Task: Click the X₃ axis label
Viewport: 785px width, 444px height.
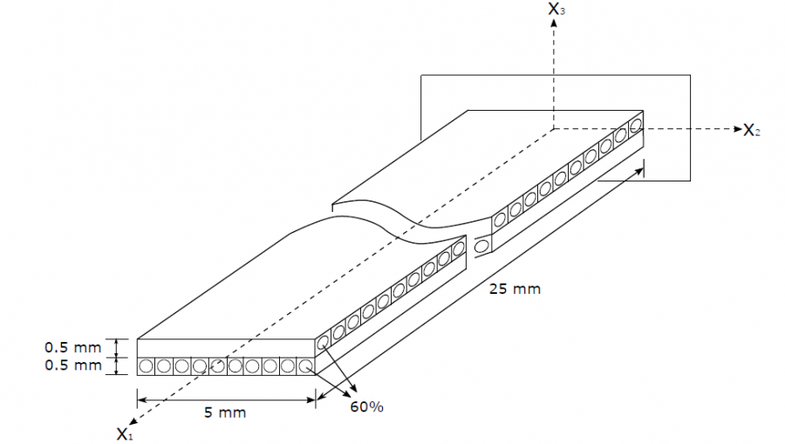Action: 556,9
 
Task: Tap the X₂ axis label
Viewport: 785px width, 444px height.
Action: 752,130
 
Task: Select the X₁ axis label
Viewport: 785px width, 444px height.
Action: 125,434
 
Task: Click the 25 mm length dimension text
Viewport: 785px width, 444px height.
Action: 515,290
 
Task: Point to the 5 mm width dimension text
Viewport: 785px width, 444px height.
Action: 225,413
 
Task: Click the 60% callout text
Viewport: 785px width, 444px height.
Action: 366,407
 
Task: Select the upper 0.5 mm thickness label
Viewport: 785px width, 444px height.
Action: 73,347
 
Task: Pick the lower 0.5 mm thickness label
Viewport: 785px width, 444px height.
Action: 73,365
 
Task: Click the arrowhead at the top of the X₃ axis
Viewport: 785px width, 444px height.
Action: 553,23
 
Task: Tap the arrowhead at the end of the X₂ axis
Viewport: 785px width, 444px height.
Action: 737,129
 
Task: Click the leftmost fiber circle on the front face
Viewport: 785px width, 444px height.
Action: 146,366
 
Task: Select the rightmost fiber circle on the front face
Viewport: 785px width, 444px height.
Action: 305,366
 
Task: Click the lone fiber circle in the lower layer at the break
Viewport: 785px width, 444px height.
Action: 481,246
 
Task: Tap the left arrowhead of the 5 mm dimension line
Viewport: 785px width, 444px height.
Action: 141,400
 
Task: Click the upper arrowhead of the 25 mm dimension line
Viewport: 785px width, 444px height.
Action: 639,171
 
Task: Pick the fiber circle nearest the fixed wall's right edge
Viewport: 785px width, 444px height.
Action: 636,124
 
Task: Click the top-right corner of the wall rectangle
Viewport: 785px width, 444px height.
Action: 691,75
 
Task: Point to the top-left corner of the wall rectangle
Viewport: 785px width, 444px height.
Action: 421,75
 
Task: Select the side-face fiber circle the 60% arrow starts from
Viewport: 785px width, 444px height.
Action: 324,342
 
